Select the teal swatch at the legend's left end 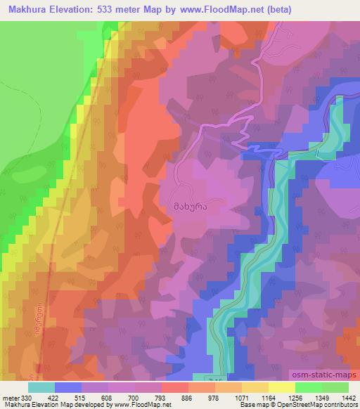[x=41, y=387]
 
